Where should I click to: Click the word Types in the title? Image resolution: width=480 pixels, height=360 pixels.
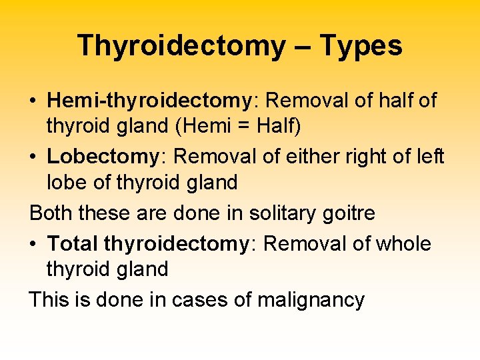361,46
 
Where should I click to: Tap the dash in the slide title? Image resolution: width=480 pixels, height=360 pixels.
301,46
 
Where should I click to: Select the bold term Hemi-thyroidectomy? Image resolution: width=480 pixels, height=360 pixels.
147,101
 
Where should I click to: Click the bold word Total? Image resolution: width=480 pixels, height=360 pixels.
73,244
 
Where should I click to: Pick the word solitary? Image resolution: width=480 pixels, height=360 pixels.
278,213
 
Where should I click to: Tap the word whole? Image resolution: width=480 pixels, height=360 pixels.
403,244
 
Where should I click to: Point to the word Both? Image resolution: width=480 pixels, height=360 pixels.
51,213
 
